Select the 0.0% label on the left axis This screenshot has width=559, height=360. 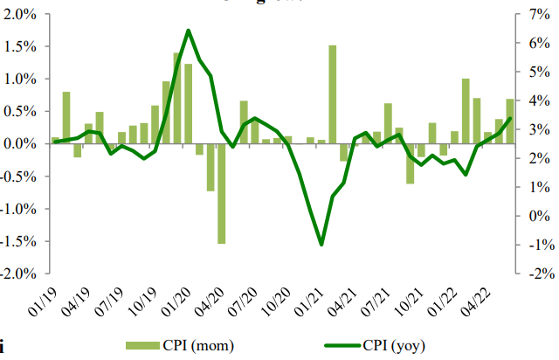click(x=23, y=143)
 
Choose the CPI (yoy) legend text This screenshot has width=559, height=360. click(x=394, y=344)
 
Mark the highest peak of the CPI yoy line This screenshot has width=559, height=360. click(x=189, y=31)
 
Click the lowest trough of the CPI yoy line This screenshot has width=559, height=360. click(x=321, y=245)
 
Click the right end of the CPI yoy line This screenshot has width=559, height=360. click(x=510, y=119)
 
